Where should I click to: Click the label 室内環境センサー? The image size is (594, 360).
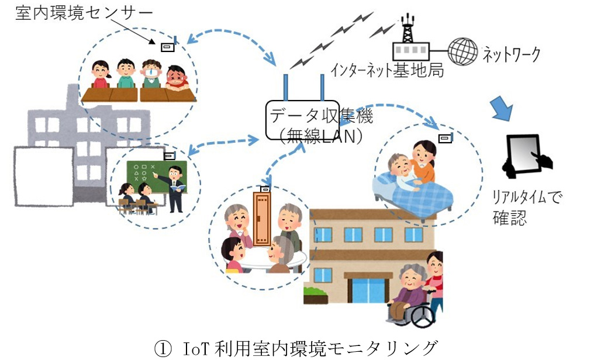(84, 13)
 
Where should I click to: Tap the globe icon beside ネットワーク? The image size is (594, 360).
(462, 51)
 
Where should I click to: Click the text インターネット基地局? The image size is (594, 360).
(387, 70)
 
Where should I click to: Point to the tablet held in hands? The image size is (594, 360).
(523, 154)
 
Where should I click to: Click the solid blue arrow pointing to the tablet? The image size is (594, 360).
(502, 109)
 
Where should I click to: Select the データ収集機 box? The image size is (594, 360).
(302, 120)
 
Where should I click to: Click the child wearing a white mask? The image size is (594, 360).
(151, 74)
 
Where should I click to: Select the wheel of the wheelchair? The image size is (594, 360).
(422, 316)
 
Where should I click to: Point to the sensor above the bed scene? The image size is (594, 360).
(445, 138)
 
